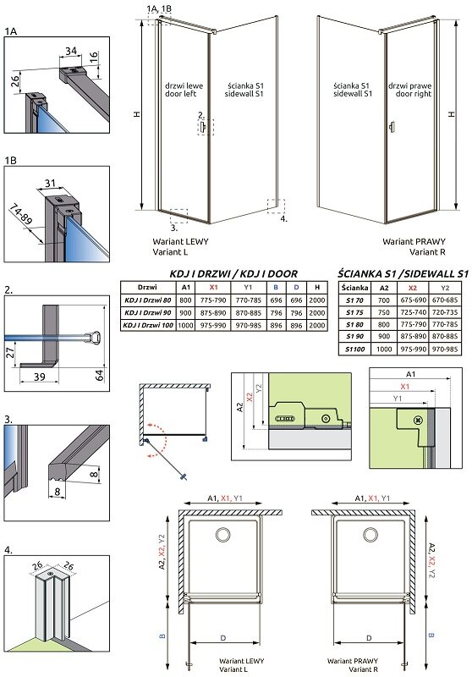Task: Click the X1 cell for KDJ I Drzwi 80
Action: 213,300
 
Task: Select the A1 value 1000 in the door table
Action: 185,325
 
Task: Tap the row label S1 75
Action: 354,312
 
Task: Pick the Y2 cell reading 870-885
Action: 445,336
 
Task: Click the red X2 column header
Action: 413,288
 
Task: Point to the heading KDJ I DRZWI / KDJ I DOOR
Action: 233,273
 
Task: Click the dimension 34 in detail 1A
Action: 71,51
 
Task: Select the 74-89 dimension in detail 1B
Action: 20,215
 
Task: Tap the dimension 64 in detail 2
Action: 100,375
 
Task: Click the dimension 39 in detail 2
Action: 39,377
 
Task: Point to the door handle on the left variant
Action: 203,126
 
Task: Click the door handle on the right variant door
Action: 392,126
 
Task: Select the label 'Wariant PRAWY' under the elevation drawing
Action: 414,242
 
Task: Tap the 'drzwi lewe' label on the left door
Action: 184,86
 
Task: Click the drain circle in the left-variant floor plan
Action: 223,535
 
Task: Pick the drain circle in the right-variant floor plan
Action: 370,535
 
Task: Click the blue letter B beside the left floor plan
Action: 162,636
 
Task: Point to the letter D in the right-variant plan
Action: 369,638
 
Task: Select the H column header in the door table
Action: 317,287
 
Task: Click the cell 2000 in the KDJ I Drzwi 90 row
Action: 317,312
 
